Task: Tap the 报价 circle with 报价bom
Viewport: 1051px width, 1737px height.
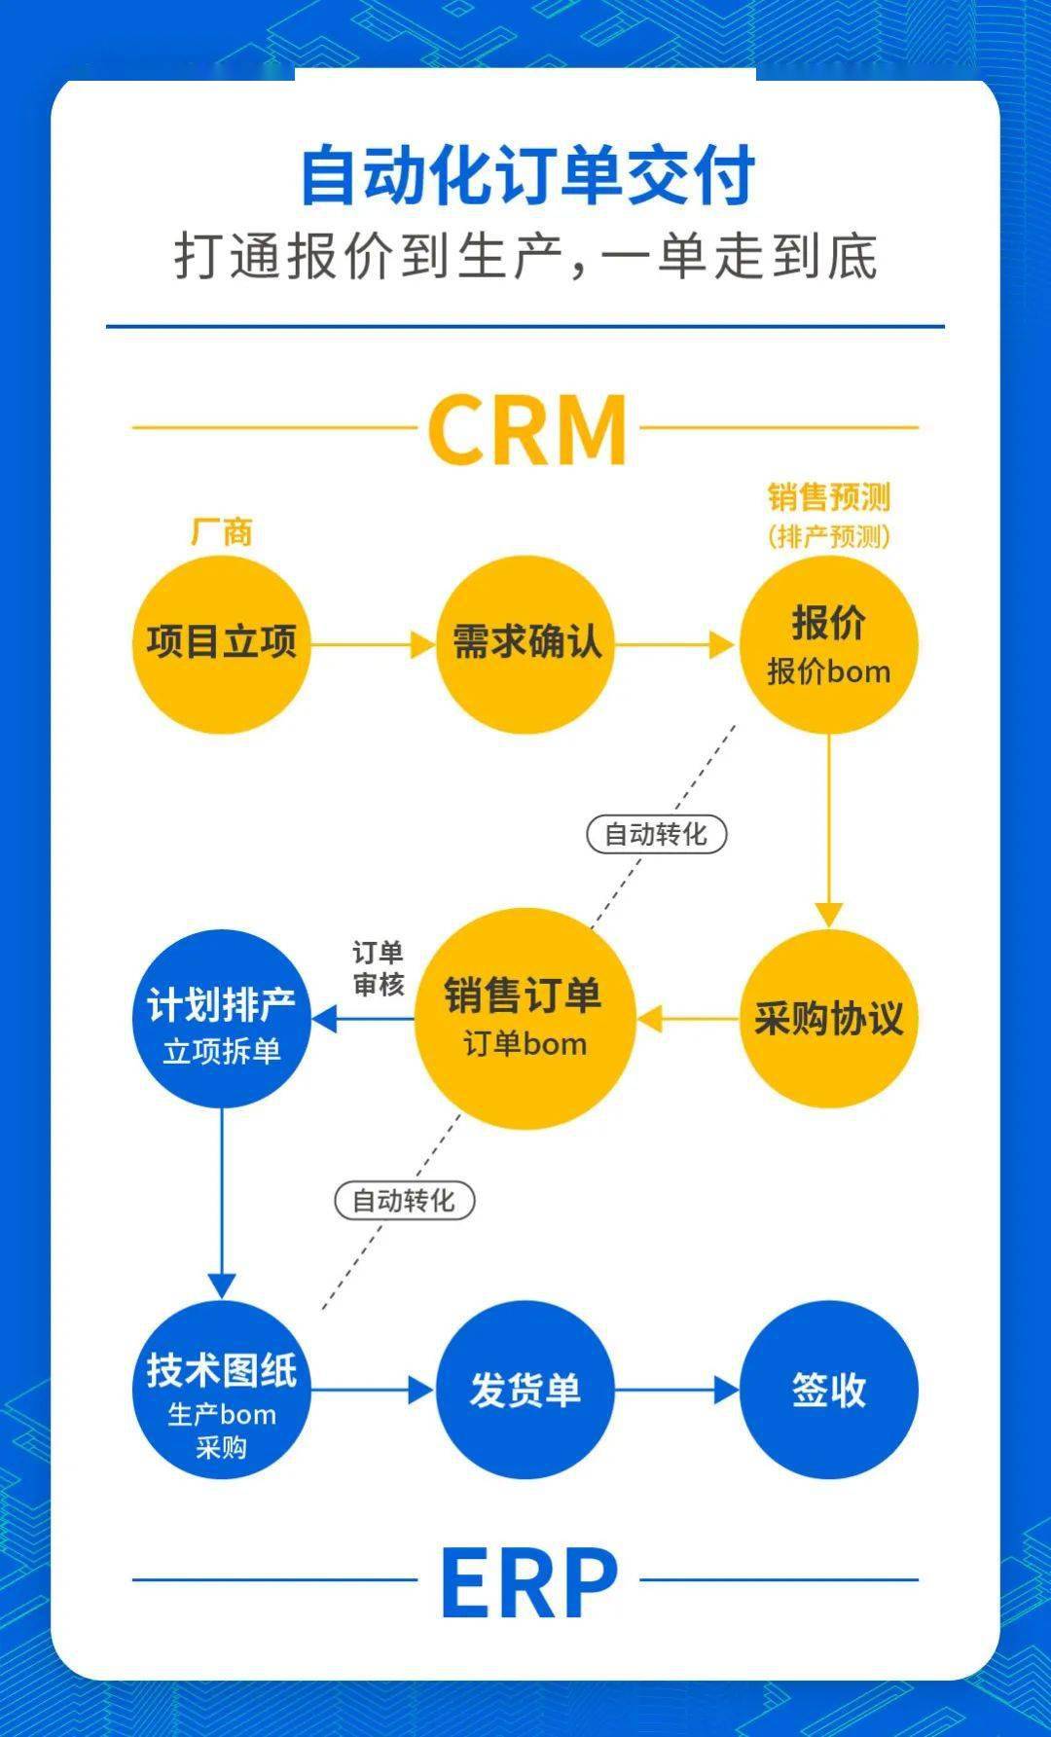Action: [829, 644]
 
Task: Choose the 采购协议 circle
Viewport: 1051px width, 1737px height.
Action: [829, 1019]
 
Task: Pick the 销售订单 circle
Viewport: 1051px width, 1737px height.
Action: [525, 1019]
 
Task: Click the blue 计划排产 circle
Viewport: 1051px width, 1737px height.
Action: [222, 1019]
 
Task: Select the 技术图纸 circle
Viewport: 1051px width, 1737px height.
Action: [222, 1390]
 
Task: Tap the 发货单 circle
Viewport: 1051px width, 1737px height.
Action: [525, 1390]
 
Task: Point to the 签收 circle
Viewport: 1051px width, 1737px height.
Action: [829, 1390]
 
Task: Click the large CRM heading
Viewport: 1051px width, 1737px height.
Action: [526, 429]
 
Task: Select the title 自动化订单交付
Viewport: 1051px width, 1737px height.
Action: [526, 176]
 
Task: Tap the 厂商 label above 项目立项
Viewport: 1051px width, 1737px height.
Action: [222, 532]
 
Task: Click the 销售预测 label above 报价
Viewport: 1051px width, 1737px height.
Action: [829, 498]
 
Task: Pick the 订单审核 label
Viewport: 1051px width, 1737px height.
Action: [378, 968]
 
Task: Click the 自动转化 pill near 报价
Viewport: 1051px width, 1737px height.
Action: [656, 835]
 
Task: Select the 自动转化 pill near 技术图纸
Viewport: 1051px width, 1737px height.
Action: [404, 1201]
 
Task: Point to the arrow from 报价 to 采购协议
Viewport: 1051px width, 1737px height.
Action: [829, 827]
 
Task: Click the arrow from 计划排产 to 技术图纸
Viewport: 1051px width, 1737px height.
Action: [222, 1202]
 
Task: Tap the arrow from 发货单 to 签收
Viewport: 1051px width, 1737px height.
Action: [676, 1390]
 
